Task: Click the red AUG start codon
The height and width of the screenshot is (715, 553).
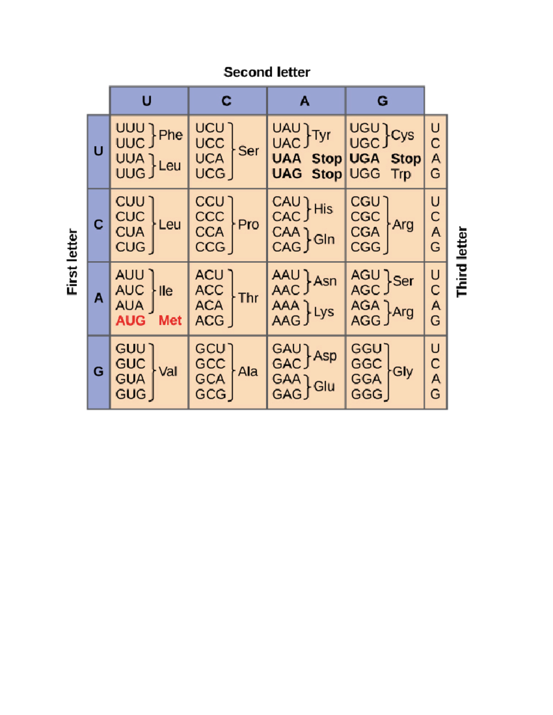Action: pos(130,320)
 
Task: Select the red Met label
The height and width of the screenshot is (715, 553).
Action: pos(170,320)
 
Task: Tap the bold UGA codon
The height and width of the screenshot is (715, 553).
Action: pos(364,158)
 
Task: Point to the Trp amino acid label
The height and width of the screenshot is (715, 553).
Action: pos(400,174)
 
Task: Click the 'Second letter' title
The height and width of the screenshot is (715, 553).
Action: pos(267,72)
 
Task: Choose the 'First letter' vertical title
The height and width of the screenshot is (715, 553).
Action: pos(72,262)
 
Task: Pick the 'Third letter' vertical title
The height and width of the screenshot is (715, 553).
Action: pos(462,262)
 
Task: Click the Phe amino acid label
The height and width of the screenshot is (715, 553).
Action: pos(171,135)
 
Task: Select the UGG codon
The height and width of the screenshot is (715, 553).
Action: pos(365,174)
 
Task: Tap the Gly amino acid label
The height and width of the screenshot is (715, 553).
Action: pos(402,372)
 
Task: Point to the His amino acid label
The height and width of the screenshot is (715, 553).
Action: pos(323,209)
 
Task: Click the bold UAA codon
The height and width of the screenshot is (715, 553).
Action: pos(286,158)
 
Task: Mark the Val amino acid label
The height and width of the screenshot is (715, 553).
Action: pos(168,372)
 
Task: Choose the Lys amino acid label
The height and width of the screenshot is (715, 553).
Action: pos(324,312)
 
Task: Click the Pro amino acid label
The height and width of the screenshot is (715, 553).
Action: pos(248,224)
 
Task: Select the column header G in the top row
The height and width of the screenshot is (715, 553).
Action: pos(382,101)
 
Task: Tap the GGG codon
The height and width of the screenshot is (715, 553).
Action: pos(366,394)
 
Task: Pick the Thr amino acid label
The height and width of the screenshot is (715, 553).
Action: pos(248,298)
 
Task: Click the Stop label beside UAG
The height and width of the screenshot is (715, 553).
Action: pos(326,174)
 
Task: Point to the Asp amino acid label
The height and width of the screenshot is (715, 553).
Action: pos(325,356)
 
